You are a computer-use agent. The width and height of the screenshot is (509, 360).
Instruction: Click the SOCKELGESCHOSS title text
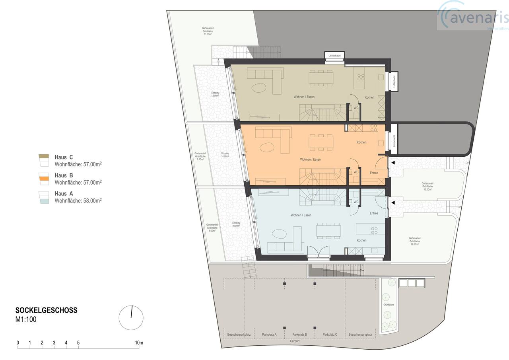click(x=46, y=310)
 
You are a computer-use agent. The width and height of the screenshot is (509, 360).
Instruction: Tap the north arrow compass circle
click(x=131, y=318)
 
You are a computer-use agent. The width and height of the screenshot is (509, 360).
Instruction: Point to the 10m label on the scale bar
click(x=138, y=342)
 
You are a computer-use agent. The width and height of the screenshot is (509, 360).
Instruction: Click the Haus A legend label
click(x=64, y=194)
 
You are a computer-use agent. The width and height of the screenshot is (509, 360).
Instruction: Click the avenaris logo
click(x=473, y=17)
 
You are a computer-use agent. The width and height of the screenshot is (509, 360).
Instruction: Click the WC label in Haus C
click(x=356, y=107)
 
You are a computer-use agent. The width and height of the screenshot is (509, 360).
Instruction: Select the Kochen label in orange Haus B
click(x=361, y=142)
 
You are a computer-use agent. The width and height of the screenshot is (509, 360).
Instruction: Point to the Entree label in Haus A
click(x=374, y=213)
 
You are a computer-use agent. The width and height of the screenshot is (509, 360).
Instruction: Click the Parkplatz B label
click(x=299, y=335)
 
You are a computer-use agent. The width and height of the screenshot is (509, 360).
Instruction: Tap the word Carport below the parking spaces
click(x=295, y=341)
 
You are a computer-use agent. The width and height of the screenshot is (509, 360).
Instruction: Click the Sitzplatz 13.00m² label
click(x=215, y=94)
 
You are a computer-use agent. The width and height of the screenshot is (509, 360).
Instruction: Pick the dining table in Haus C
click(x=321, y=78)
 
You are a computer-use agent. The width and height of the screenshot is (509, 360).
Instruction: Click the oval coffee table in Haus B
click(x=267, y=147)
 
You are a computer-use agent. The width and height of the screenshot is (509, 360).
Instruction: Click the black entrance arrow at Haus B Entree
click(x=393, y=163)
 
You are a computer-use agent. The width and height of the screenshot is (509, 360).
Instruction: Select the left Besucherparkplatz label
click(x=239, y=335)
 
